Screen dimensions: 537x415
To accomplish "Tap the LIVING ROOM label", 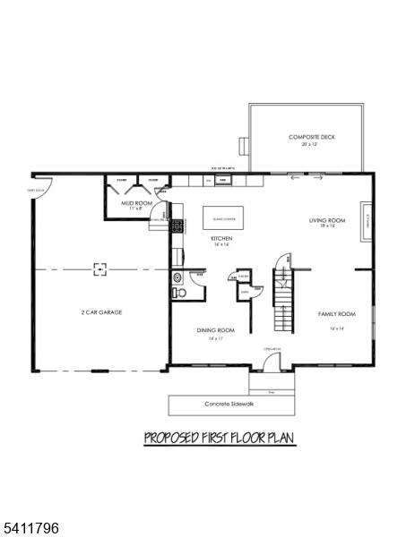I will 327,220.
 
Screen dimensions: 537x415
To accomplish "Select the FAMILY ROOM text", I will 337,314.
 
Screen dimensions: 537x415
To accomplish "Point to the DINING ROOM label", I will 215,330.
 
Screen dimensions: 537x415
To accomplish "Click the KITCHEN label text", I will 221,239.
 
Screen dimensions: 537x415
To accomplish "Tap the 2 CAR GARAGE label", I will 100,312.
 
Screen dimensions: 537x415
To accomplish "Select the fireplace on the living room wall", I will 367,222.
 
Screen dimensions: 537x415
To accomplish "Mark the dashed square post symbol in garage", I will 100,267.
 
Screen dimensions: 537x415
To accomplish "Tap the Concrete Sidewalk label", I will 230,405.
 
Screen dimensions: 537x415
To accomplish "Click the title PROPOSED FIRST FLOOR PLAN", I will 220,439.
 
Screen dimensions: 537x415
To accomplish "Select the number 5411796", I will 30,529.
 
